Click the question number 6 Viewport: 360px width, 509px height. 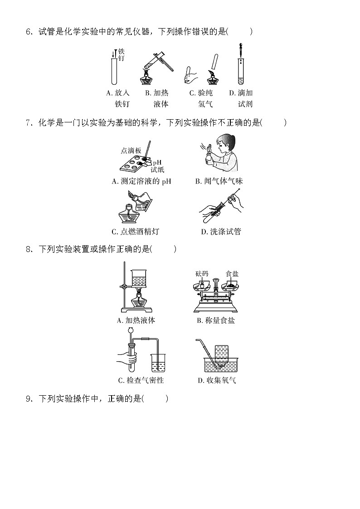click(29, 32)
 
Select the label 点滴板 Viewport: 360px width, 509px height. click(131, 150)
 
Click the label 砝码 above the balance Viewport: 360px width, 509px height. click(202, 274)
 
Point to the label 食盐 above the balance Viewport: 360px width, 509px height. click(232, 274)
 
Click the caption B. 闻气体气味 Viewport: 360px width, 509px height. click(219, 181)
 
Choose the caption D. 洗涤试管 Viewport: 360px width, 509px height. click(221, 232)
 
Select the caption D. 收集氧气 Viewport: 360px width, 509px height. click(217, 380)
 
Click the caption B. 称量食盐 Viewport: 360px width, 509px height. click(216, 320)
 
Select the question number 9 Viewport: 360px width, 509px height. click(29, 399)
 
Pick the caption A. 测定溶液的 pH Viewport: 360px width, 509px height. click(141, 181)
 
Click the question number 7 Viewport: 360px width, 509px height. click(29, 122)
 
